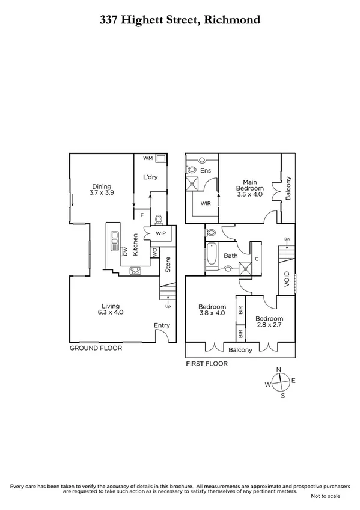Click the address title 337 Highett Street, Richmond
point(180,19)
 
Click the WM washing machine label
point(148,158)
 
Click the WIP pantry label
point(161,233)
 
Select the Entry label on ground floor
point(162,325)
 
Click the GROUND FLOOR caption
point(96,348)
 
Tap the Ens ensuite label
point(206,171)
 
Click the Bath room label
point(231,256)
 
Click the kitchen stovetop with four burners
point(136,270)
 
